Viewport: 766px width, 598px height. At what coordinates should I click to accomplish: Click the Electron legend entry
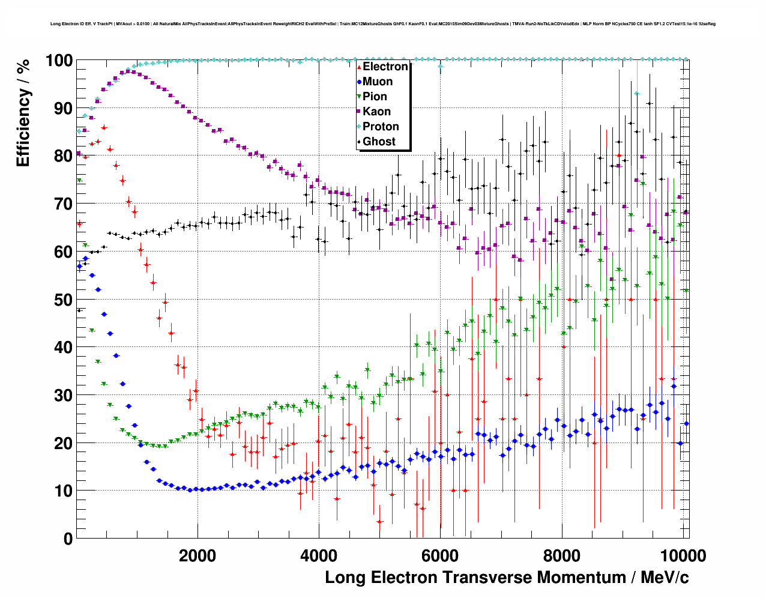385,67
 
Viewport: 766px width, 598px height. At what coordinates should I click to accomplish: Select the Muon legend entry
378,82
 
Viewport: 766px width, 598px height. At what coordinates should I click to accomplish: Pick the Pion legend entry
375,97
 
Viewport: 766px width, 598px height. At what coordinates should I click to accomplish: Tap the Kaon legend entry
376,112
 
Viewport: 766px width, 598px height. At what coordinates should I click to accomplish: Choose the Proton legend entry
381,127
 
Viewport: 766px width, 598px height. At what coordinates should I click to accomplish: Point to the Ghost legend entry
379,142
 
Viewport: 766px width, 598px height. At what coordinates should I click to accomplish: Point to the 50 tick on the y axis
64,300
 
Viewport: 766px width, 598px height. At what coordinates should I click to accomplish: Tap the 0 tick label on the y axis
68,539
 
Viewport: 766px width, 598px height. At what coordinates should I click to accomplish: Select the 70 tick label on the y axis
64,204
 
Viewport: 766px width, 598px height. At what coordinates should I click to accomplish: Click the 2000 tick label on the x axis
198,556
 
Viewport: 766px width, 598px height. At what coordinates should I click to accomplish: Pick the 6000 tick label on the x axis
440,556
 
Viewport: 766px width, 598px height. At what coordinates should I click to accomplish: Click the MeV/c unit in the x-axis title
665,578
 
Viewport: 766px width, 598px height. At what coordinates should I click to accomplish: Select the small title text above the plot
382,24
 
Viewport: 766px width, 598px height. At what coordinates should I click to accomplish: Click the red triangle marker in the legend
359,67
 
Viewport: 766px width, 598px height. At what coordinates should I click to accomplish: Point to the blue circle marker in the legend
359,82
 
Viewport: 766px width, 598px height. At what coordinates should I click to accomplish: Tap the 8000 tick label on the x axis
561,556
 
